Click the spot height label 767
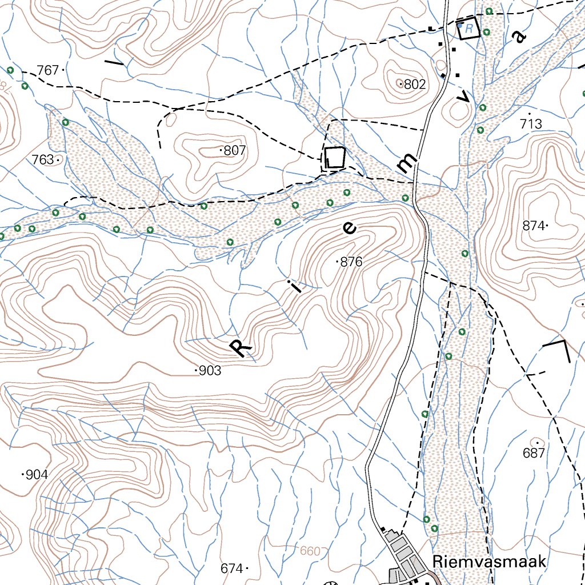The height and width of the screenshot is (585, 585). click(x=48, y=70)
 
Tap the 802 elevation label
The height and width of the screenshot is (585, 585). click(x=415, y=85)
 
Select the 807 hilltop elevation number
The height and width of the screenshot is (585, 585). click(x=234, y=151)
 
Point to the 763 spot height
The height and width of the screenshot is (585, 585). click(x=43, y=160)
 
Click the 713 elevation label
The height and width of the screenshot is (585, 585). click(x=531, y=124)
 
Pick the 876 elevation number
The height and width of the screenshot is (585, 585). click(x=351, y=262)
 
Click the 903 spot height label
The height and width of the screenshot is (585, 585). click(x=210, y=371)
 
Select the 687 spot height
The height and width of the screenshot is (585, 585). click(x=534, y=453)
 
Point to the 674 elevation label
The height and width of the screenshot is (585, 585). click(x=231, y=568)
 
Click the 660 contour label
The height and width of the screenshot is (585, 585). click(x=310, y=551)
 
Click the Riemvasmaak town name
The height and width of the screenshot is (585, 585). click(x=490, y=561)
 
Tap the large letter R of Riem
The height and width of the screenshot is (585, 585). click(x=241, y=346)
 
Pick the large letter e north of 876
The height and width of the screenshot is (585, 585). click(x=348, y=229)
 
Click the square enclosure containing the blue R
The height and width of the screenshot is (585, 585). click(x=468, y=27)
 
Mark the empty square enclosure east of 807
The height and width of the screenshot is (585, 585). click(x=335, y=157)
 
